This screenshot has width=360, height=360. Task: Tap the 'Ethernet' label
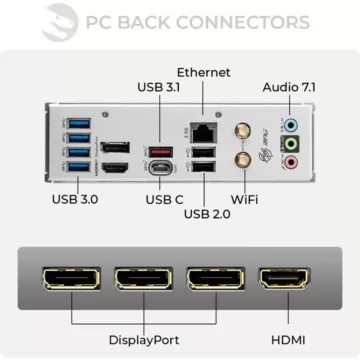pyautogui.click(x=204, y=73)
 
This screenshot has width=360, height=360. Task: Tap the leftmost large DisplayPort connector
pyautogui.click(x=70, y=285)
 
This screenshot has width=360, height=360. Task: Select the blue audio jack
pyautogui.click(x=290, y=127)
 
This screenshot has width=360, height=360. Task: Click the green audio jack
pyautogui.click(x=290, y=144)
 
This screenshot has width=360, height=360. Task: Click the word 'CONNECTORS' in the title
pyautogui.click(x=233, y=21)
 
